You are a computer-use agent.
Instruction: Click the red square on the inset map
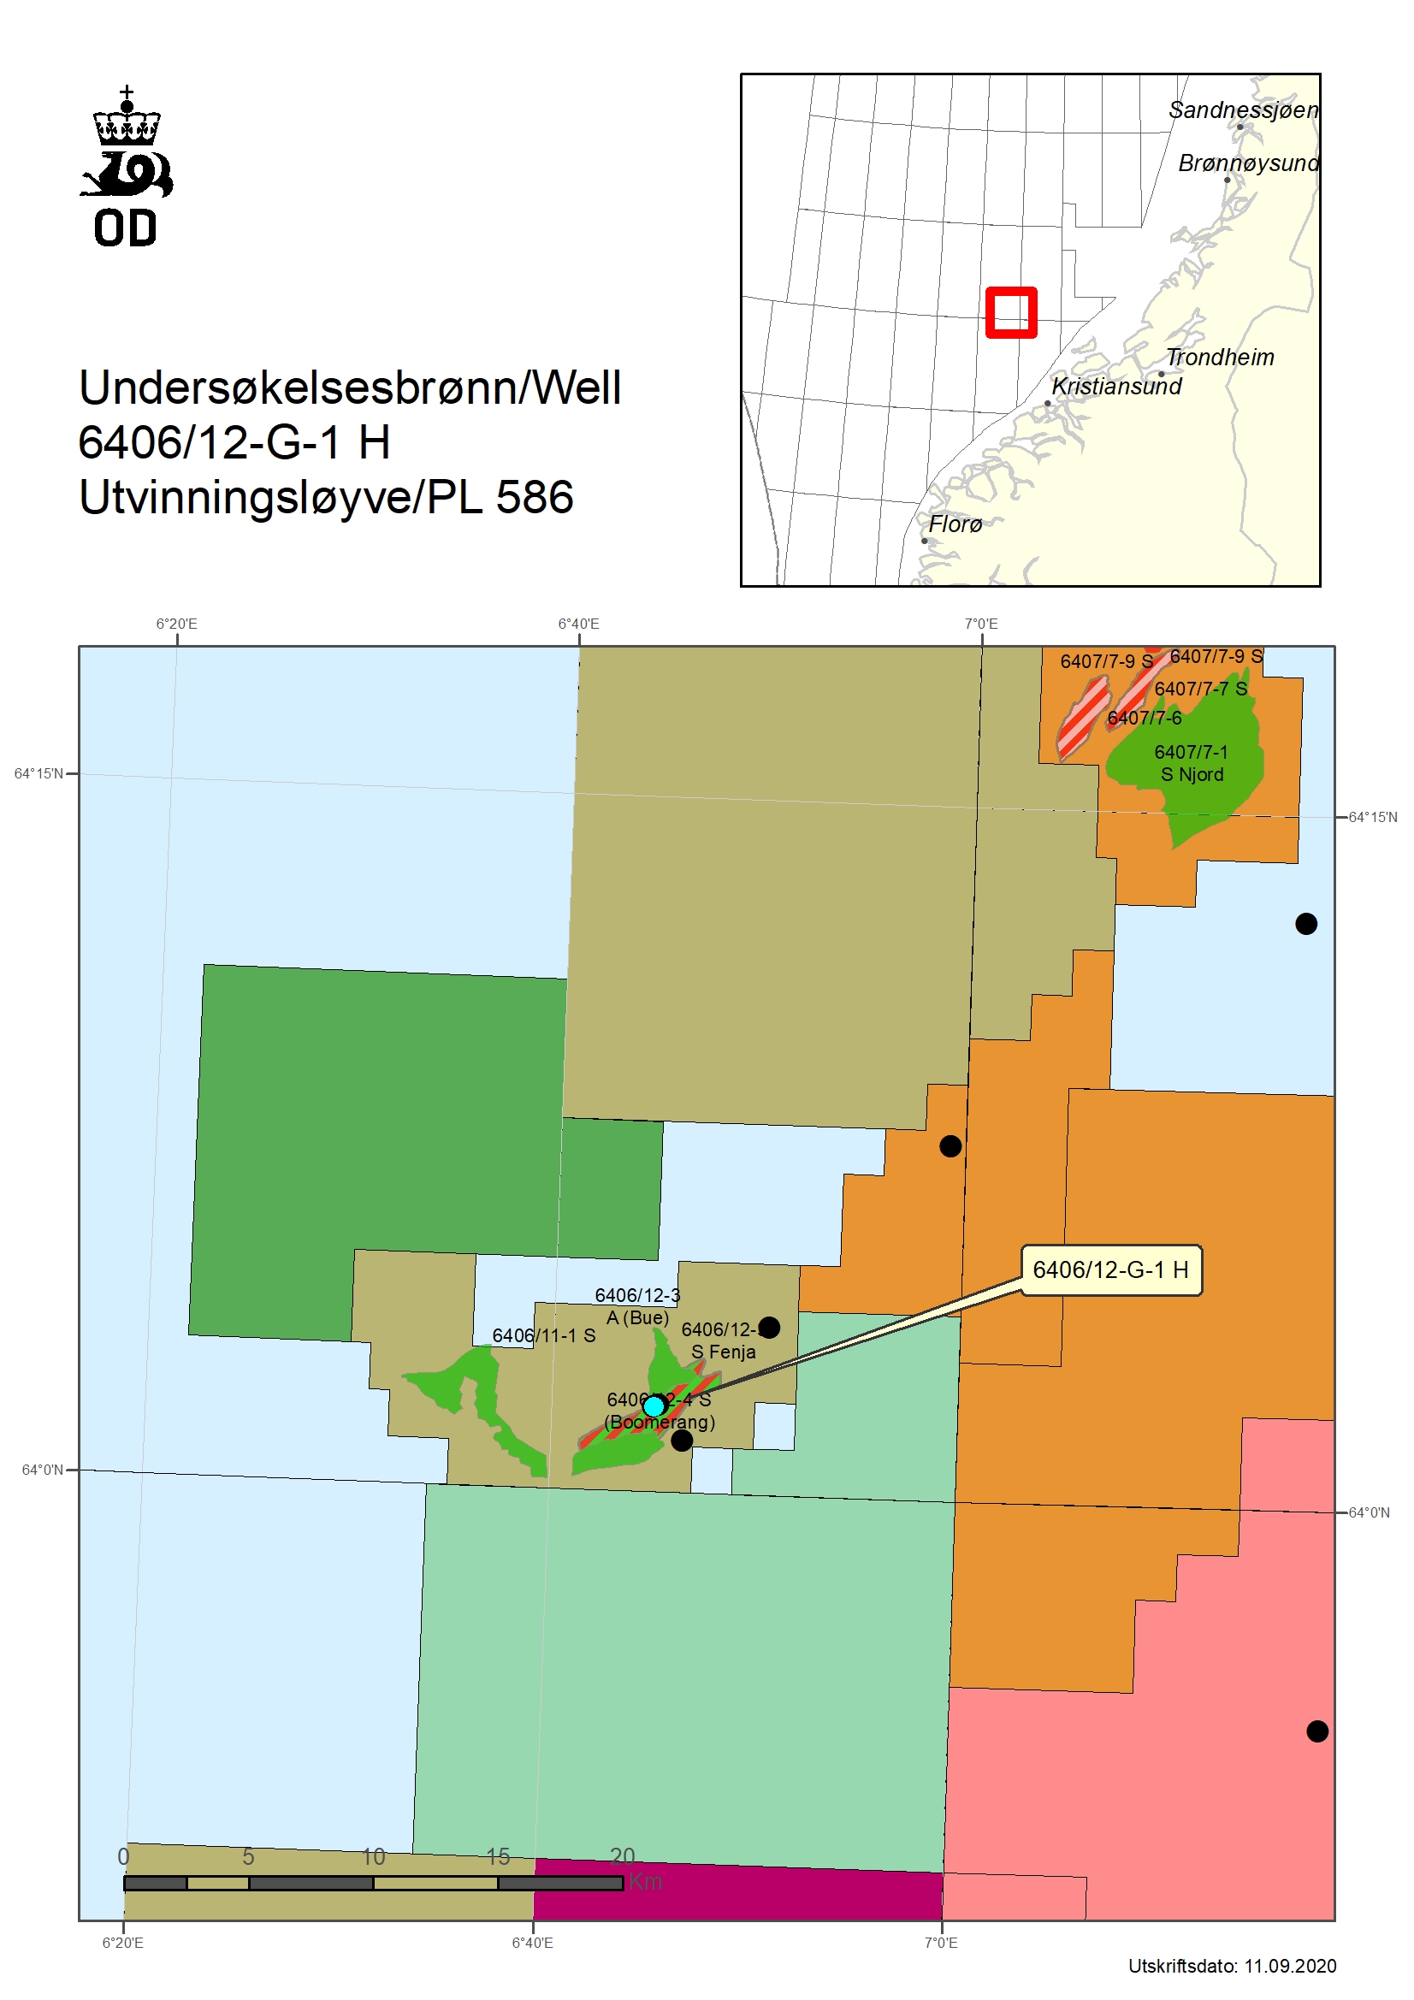coord(1010,312)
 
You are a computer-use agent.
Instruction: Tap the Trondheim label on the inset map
coord(1220,358)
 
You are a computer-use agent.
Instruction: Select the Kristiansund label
coord(1116,386)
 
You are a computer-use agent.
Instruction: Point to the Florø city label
coord(955,524)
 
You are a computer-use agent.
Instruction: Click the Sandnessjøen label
coord(1243,109)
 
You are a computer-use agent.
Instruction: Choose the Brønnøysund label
coord(1247,163)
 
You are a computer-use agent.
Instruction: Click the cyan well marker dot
coord(654,1406)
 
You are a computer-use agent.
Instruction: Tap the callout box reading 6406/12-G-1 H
coord(1110,1269)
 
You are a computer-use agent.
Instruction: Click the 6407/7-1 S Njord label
coord(1191,763)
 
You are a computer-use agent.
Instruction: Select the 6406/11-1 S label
coord(544,1335)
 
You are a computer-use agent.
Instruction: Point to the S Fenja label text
coord(723,1352)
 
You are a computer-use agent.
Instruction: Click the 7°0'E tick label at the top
coord(981,624)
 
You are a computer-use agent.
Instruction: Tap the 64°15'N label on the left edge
coord(38,773)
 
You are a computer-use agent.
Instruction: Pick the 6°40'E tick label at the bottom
coord(532,1943)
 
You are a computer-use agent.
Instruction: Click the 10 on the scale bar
coord(373,1856)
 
